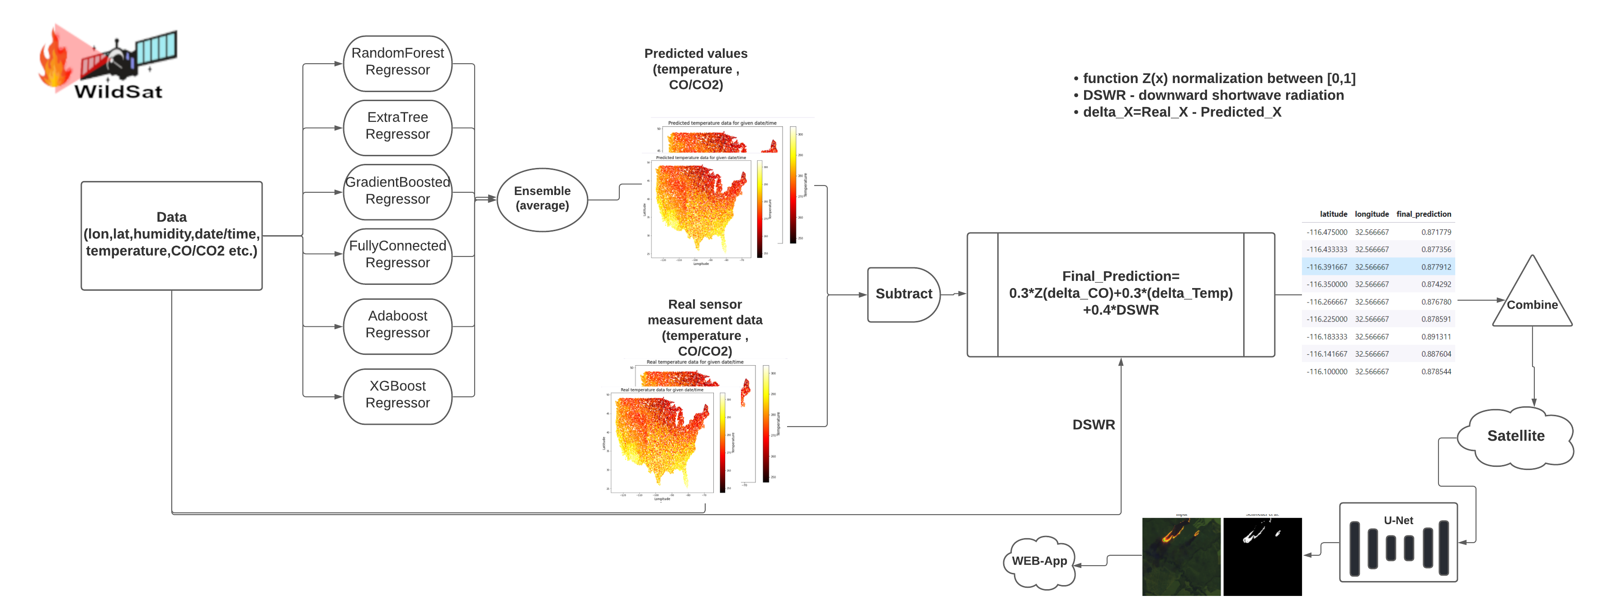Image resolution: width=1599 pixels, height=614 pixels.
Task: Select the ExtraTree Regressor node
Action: tap(397, 126)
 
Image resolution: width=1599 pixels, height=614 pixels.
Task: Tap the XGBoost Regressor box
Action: tap(397, 395)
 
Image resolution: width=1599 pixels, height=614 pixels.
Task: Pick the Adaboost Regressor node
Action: tap(397, 325)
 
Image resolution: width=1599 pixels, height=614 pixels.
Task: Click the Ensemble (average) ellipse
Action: tap(542, 199)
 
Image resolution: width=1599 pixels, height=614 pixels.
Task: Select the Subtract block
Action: tap(903, 294)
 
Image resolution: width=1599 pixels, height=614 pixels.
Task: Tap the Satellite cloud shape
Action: tap(1515, 437)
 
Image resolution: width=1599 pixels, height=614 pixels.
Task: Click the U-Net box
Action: tap(1398, 542)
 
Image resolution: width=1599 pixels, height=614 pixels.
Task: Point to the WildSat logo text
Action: tap(118, 92)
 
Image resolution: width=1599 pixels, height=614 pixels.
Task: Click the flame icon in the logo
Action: tap(55, 62)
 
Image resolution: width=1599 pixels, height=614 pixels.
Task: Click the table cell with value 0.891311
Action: tap(1436, 337)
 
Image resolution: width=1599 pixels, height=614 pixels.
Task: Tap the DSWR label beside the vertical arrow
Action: tap(1093, 425)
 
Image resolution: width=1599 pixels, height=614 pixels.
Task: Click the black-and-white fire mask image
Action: tap(1262, 556)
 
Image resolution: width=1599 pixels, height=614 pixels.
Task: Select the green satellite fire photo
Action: tap(1181, 556)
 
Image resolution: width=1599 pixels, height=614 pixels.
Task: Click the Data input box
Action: tap(171, 235)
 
